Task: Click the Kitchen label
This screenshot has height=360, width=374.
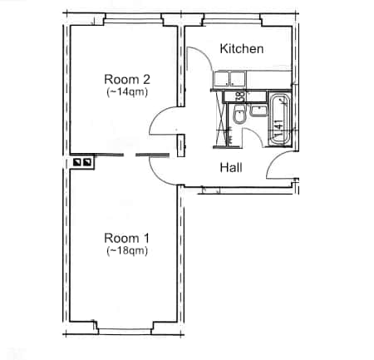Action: (x=241, y=49)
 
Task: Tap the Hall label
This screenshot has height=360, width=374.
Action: (x=231, y=168)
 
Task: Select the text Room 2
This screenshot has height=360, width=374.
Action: (x=127, y=79)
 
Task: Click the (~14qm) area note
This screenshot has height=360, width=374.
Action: (x=127, y=92)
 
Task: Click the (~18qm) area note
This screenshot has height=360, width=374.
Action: (x=127, y=250)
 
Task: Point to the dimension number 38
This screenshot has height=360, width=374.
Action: (x=240, y=97)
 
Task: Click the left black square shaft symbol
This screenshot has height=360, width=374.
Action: (x=77, y=163)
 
